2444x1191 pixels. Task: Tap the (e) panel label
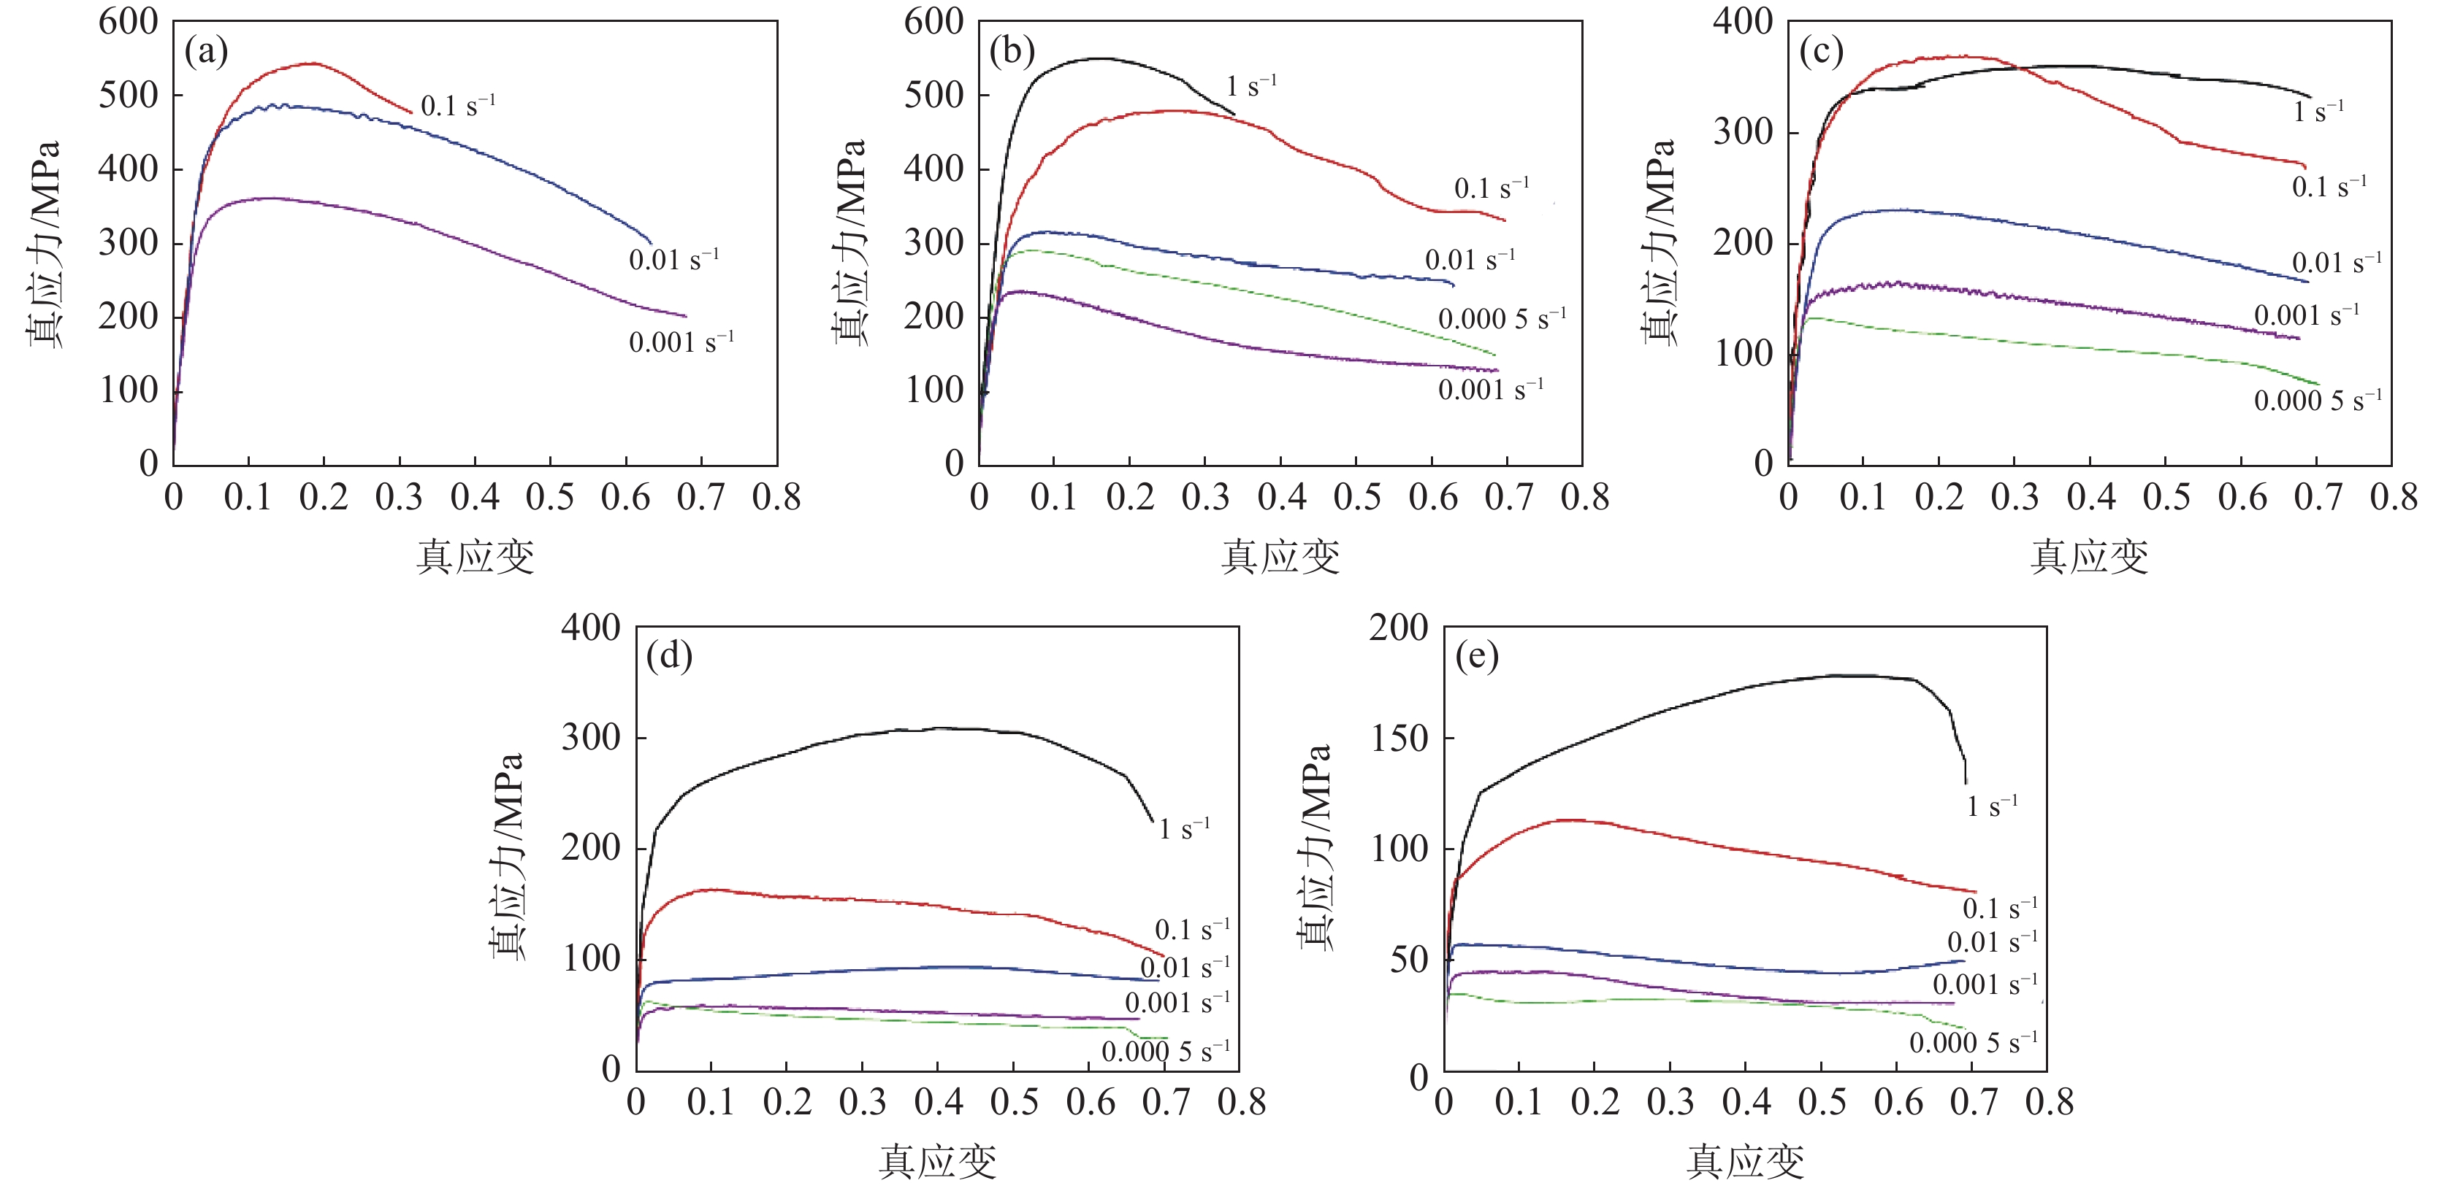(x=1476, y=655)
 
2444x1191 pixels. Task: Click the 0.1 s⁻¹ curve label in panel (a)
(x=457, y=104)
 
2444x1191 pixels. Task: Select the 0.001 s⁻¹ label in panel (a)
(x=681, y=342)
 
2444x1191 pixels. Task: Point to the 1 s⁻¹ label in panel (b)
(x=1251, y=86)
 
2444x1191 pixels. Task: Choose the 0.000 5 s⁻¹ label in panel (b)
(x=1502, y=319)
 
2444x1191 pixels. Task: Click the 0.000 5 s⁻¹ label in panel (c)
(x=2318, y=400)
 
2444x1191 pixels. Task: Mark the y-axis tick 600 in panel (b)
(x=933, y=22)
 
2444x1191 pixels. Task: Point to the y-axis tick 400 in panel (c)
(x=1743, y=22)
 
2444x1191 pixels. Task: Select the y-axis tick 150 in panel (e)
(x=1399, y=739)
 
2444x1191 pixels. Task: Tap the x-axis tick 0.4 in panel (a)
(x=474, y=498)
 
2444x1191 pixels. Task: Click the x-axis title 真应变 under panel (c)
(x=2089, y=557)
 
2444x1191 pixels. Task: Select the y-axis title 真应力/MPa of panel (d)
(x=505, y=855)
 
